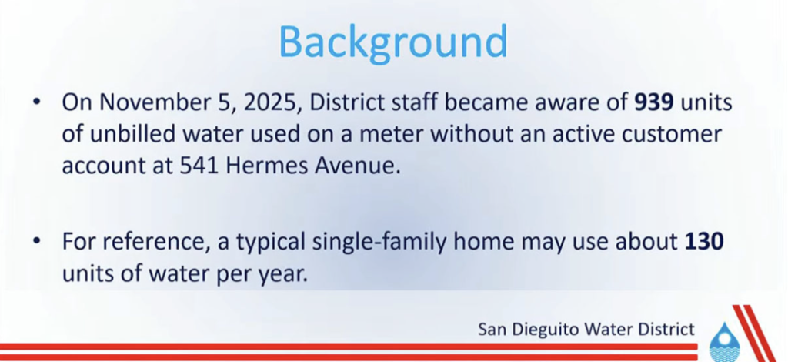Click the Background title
[393, 42]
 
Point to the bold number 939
[654, 102]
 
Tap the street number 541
[199, 166]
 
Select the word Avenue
[357, 166]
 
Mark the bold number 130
[704, 242]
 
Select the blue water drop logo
[723, 341]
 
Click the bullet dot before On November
[36, 102]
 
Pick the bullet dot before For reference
[36, 241]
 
